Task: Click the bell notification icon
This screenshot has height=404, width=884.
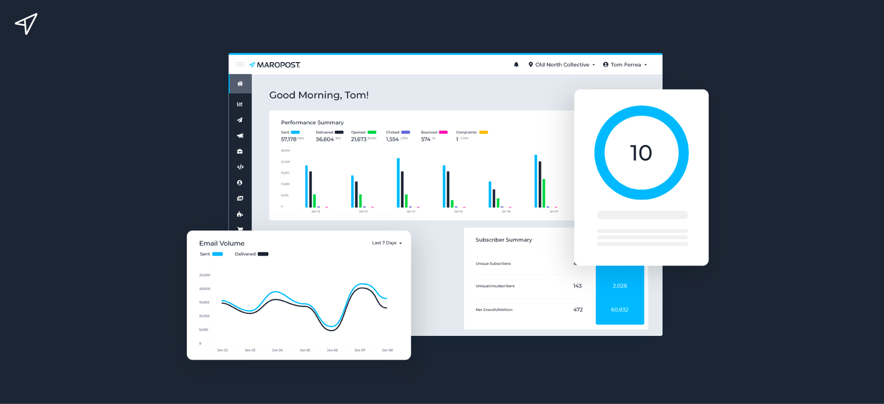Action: click(x=516, y=65)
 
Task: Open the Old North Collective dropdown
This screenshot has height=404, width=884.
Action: click(x=562, y=65)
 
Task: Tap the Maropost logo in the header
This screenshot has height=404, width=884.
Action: click(x=275, y=65)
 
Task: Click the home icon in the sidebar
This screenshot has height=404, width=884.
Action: click(x=240, y=84)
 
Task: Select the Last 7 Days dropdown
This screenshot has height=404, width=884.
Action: click(x=387, y=243)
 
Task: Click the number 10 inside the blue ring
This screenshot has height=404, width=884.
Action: click(x=641, y=153)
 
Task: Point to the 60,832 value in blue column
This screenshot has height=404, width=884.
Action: click(x=620, y=310)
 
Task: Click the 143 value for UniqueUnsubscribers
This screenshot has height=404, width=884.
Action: click(x=577, y=286)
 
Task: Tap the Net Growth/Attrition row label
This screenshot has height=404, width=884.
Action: click(x=494, y=310)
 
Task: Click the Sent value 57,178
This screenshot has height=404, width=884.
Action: click(x=289, y=139)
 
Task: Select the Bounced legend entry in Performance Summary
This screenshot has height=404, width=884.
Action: click(x=434, y=132)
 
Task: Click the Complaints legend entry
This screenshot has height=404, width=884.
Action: click(x=471, y=132)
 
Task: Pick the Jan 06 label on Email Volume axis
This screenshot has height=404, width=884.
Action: click(x=332, y=350)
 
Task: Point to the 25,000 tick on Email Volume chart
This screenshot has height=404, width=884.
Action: click(x=204, y=275)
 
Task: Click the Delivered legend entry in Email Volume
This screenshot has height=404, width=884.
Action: click(x=251, y=254)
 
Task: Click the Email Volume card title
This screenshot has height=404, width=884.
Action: click(x=222, y=243)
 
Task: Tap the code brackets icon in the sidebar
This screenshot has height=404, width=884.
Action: click(x=240, y=167)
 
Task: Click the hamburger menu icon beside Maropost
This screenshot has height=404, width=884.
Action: click(x=240, y=65)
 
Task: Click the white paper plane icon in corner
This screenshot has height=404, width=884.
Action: click(x=26, y=23)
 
